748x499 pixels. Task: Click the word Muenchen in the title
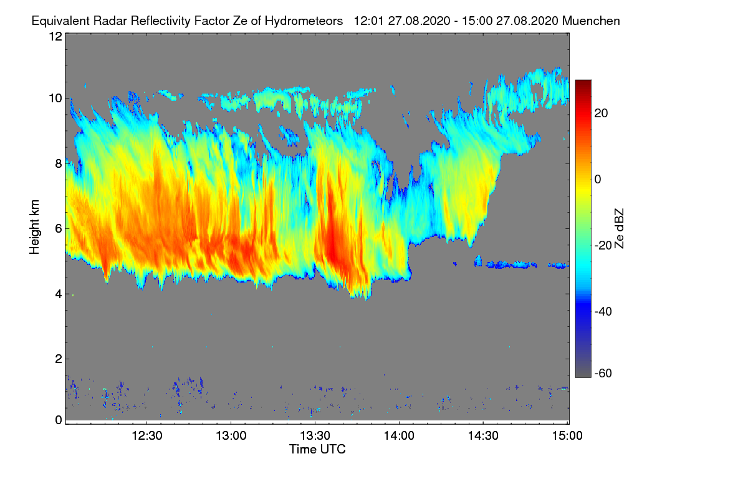(x=591, y=21)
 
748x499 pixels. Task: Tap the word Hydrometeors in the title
(x=304, y=21)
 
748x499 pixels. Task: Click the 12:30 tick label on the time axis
(x=147, y=436)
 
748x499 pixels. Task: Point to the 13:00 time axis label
(x=231, y=436)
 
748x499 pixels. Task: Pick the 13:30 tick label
(x=315, y=436)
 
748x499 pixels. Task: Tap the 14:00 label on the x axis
(x=399, y=436)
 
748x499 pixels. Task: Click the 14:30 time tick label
(x=483, y=436)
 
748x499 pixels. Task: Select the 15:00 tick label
(x=567, y=436)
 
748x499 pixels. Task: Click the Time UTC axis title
(x=317, y=449)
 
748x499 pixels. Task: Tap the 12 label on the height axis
(x=55, y=36)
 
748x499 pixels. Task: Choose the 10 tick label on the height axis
(x=55, y=98)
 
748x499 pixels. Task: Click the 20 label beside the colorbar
(x=602, y=113)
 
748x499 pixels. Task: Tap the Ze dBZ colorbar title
(x=620, y=228)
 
